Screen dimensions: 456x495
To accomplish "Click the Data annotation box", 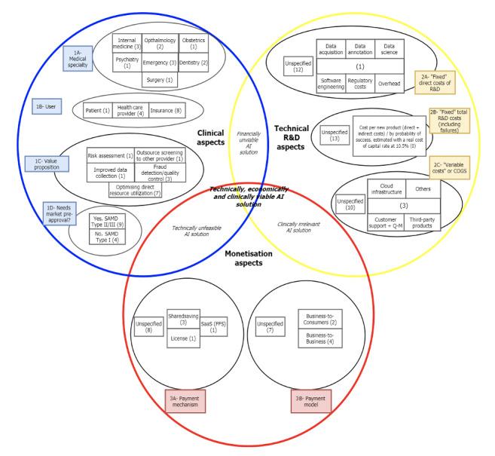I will pos(359,50).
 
